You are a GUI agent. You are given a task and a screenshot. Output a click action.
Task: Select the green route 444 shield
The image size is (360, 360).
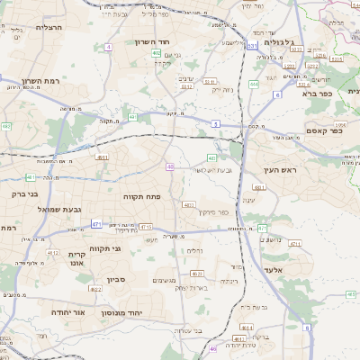[254, 84]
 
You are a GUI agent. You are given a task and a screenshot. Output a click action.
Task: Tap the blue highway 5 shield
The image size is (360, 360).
[216, 122]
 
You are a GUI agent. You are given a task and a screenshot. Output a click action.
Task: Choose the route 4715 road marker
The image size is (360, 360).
[146, 227]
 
